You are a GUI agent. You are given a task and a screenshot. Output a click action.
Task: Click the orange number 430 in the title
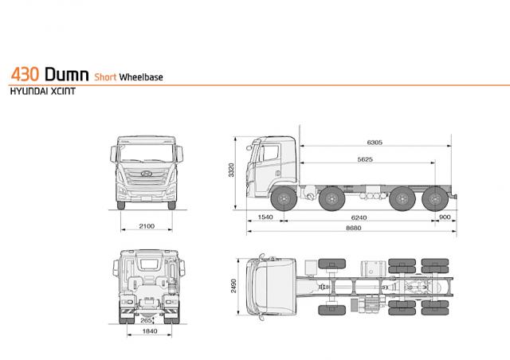[25, 74]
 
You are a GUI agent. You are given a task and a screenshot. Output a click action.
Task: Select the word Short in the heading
[105, 77]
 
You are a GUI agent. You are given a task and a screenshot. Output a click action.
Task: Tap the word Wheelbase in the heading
[141, 77]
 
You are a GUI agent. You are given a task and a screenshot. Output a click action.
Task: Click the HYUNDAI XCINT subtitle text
[43, 92]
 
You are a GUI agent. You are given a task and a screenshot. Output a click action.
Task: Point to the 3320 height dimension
[231, 170]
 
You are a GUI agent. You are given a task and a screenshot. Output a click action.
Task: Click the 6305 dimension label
[375, 142]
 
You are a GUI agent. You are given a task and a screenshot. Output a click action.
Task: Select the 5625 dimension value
[365, 159]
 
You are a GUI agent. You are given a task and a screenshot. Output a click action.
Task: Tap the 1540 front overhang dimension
[265, 217]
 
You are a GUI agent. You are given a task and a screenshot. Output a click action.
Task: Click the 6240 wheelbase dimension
[359, 217]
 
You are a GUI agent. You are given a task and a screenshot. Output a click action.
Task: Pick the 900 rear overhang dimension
[445, 217]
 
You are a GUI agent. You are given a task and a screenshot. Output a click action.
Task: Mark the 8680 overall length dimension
[354, 228]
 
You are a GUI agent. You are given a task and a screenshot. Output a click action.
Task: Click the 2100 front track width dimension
[147, 226]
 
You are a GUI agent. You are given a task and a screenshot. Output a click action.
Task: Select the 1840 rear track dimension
[150, 331]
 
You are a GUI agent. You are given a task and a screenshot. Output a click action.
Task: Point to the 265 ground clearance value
[146, 321]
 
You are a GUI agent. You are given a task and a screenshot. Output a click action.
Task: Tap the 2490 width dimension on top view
[233, 286]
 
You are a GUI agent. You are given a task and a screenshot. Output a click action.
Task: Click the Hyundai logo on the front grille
[147, 174]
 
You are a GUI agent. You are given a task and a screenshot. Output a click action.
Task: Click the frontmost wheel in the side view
[284, 198]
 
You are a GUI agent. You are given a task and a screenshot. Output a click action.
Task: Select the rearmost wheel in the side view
[435, 198]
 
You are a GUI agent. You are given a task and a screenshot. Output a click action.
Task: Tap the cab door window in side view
[270, 153]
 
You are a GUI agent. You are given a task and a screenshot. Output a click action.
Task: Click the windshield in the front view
[147, 153]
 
